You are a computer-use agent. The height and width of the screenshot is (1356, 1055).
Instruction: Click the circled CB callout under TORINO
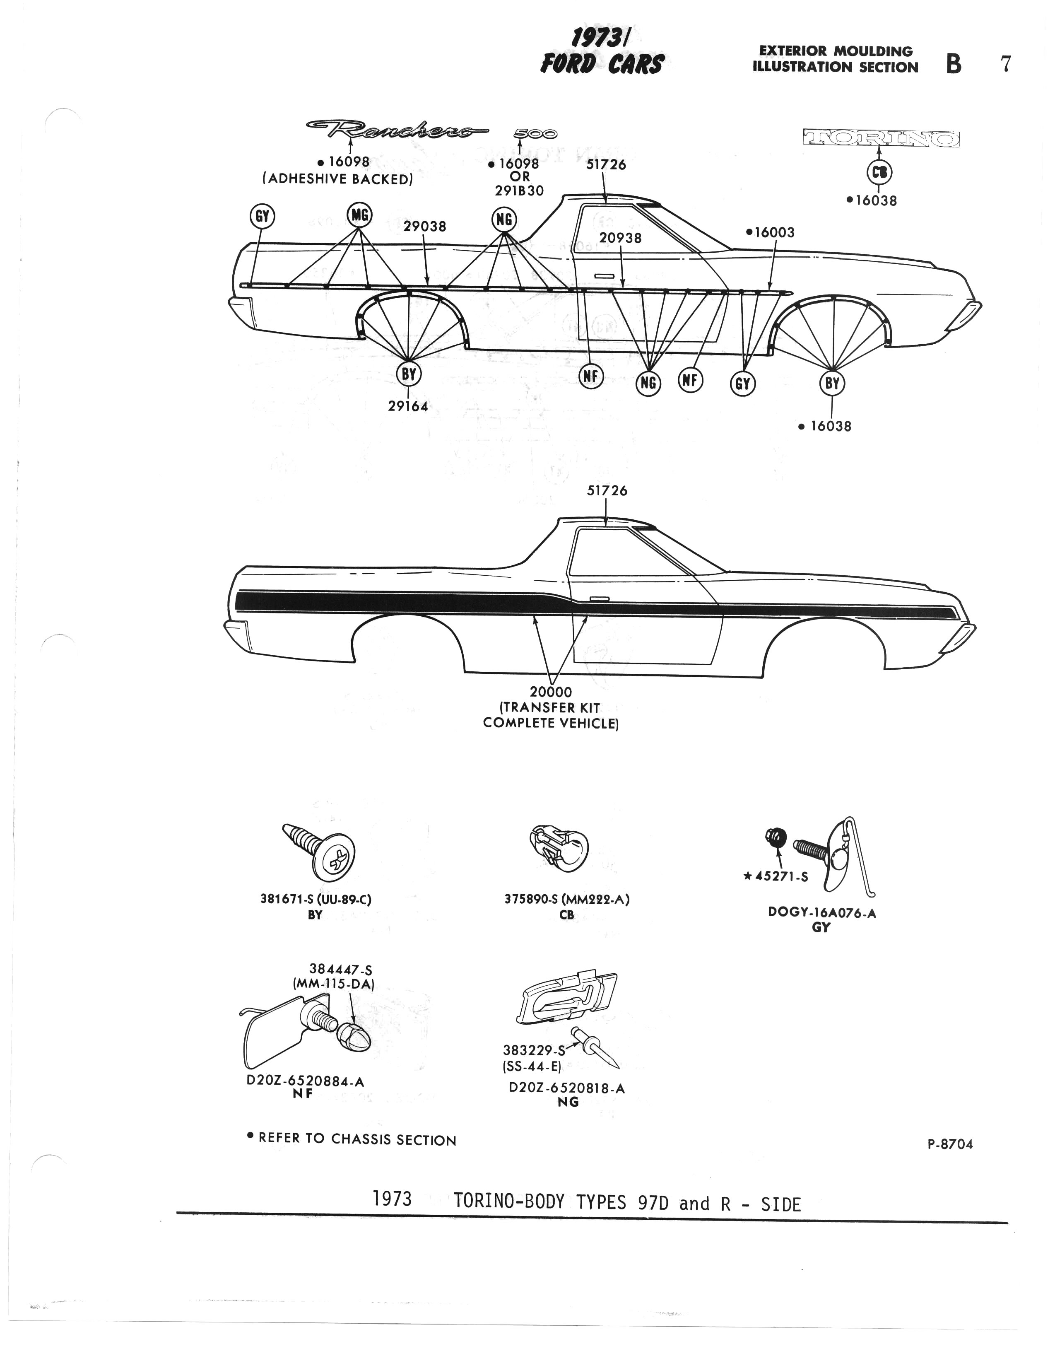click(x=879, y=173)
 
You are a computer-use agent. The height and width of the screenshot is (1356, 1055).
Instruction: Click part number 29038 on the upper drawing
click(x=425, y=227)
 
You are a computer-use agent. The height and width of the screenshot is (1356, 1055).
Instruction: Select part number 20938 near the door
click(x=621, y=238)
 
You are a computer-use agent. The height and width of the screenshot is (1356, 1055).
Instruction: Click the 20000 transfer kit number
click(x=551, y=692)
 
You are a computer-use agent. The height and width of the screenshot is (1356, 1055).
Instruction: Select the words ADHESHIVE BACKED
click(x=337, y=179)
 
